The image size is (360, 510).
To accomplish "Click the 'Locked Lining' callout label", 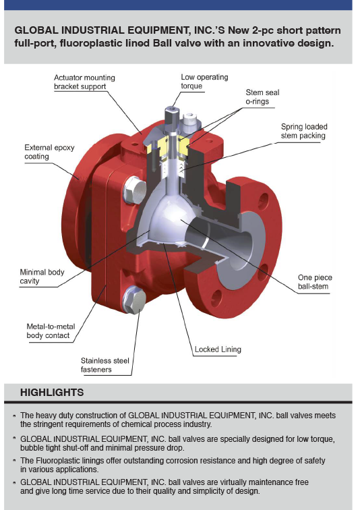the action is pos(218,349).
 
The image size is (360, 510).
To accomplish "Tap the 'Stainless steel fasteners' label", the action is pos(105,365).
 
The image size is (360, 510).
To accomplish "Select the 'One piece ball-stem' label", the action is pos(315,282).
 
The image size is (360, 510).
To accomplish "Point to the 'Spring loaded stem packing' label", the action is pos(304,131).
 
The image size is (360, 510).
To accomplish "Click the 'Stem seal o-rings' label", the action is pos(262,97).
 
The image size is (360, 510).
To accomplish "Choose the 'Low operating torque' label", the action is pos(204,82).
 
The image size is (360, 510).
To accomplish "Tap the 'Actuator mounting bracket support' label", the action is pos(84,82).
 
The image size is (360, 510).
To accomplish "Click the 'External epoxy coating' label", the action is pos(49,152).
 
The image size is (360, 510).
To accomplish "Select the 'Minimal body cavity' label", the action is pos(42,277).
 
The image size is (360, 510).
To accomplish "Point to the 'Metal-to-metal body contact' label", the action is pos(51,331).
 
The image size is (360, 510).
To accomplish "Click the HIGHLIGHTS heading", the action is pos(52,393).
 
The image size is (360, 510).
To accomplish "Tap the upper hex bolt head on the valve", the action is pos(135,190).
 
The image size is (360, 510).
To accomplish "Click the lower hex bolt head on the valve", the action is pos(134,300).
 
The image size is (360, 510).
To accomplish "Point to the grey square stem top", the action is pos(171,115).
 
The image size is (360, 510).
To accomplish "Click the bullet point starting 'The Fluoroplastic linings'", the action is pos(173,465).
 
